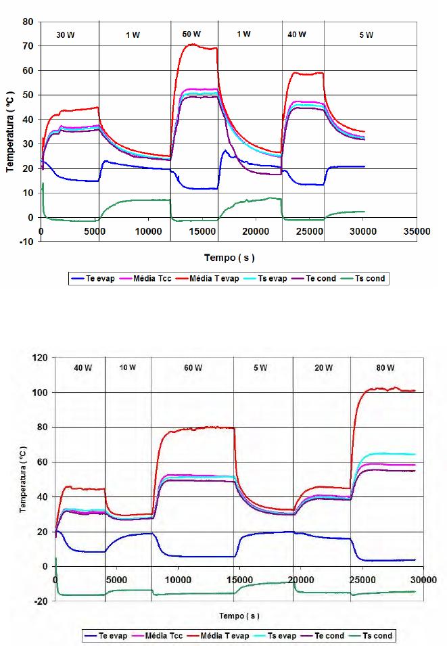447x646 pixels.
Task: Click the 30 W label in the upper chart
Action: click(x=66, y=34)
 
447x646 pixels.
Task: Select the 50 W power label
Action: click(x=191, y=34)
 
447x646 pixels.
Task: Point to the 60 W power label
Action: click(x=193, y=369)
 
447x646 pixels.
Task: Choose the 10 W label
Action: click(x=128, y=368)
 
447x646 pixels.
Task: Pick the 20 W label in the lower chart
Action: click(x=323, y=369)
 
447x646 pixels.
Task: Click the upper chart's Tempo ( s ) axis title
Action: click(x=229, y=257)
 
